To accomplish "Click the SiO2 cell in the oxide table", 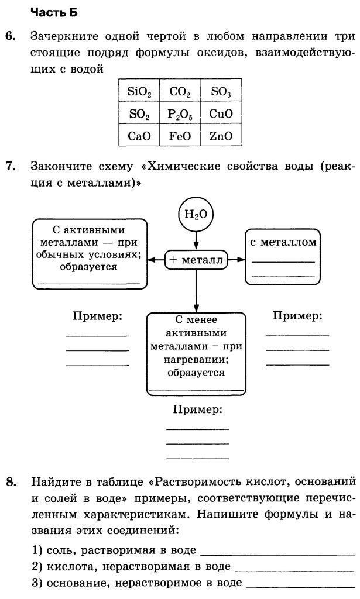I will point(139,92).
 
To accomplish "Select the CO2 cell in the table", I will point(180,92).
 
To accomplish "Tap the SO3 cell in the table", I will point(221,92).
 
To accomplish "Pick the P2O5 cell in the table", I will point(180,113).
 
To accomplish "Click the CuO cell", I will point(221,113).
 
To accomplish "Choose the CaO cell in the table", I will point(139,136).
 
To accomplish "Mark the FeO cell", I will point(180,136).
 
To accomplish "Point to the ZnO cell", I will point(221,136).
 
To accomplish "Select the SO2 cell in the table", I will point(139,113).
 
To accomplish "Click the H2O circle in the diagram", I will point(196,214).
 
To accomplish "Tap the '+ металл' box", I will point(196,260).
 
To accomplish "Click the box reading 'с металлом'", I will point(283,257).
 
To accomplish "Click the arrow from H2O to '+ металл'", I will point(196,240).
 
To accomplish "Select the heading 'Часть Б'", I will point(53,12).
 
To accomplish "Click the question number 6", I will point(11,37).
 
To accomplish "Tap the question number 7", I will point(11,166).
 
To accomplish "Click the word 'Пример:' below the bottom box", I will point(198,409).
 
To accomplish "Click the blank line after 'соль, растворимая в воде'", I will point(277,551).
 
